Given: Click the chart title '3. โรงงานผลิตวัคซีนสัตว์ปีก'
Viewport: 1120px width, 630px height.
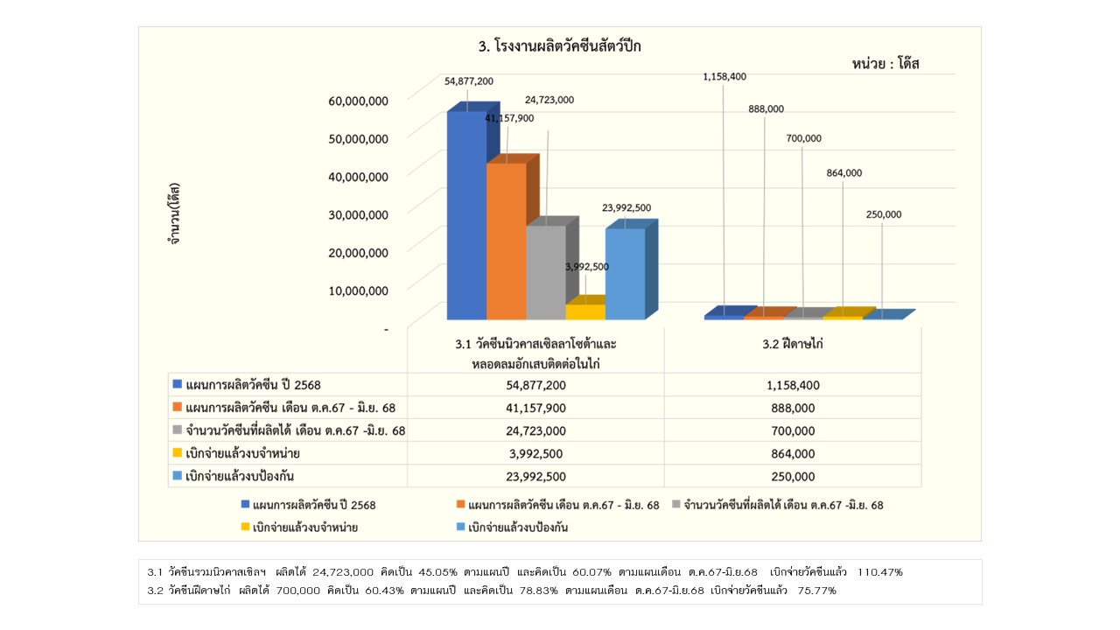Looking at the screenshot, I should [559, 47].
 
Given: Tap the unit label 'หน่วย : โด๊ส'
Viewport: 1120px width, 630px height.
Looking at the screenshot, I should [885, 64].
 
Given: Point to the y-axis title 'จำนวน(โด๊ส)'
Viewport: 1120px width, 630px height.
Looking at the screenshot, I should [174, 213].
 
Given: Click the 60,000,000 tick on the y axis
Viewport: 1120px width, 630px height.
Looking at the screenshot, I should [358, 101].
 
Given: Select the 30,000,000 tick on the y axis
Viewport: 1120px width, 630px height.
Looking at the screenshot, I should [358, 214].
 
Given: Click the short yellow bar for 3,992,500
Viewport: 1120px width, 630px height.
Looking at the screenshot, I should [584, 311].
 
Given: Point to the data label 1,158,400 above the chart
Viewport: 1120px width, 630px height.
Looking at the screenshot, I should [724, 77].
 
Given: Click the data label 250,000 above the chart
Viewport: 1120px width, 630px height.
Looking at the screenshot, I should [883, 214].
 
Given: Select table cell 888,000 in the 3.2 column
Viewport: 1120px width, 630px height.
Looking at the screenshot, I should [794, 408].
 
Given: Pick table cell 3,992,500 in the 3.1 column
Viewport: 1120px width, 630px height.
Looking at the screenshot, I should [536, 453].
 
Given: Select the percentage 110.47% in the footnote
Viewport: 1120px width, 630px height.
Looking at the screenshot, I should [880, 572].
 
